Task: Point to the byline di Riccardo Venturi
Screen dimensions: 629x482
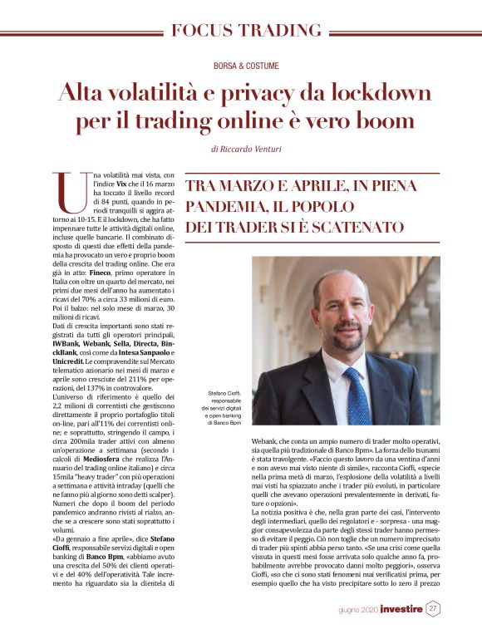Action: click(x=246, y=150)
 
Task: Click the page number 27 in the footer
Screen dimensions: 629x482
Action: click(x=433, y=608)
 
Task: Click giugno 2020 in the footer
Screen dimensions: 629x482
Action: click(x=357, y=610)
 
